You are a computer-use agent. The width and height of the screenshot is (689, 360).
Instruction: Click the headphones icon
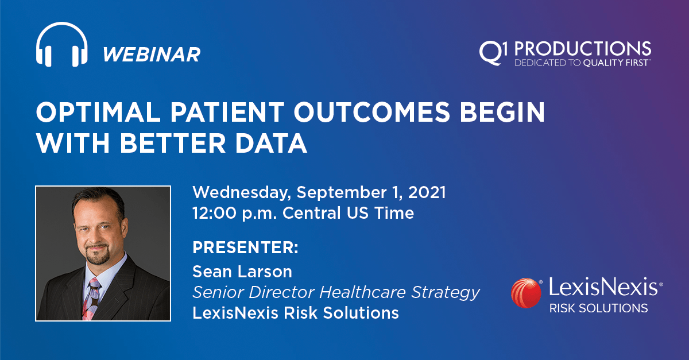61,45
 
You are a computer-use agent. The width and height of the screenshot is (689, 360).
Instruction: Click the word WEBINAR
152,55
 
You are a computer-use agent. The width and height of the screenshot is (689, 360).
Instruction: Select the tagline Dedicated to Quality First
582,62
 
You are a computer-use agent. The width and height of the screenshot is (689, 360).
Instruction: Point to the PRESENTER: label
245,248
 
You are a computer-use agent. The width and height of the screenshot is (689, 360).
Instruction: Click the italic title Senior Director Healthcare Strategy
336,292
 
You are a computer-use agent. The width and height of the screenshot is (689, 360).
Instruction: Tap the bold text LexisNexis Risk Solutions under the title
295,313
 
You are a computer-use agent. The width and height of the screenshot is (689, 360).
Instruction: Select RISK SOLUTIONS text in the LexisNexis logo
598,308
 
